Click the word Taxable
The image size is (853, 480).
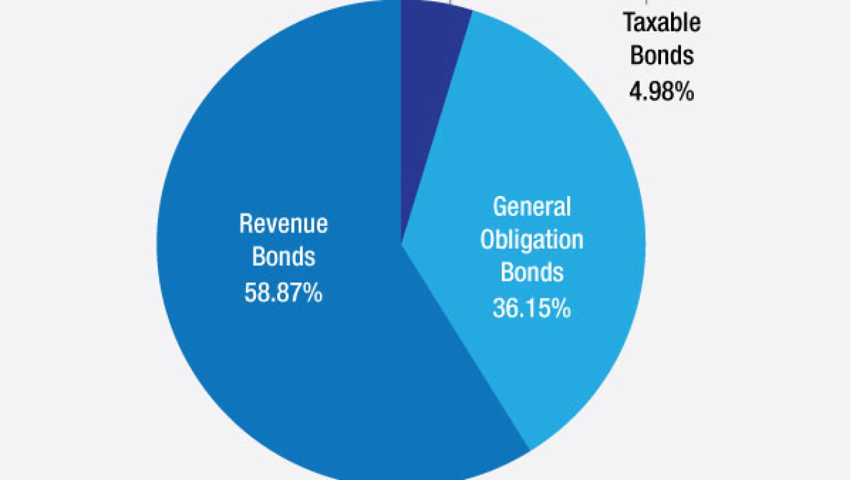point(662,23)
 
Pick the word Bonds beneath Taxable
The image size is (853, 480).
point(662,55)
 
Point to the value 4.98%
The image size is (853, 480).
point(662,91)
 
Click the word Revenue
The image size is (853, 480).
point(283,223)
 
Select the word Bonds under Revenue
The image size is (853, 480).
point(283,256)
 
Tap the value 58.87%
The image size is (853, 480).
point(283,292)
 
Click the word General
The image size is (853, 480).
point(532,207)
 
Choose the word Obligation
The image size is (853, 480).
point(532,241)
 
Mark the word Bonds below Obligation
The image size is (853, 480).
point(532,272)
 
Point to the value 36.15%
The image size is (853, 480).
point(532,308)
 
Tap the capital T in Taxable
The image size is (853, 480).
point(630,23)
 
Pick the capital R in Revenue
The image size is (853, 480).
point(246,223)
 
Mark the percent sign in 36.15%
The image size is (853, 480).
point(561,308)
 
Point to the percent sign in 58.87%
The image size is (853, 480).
point(313,292)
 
